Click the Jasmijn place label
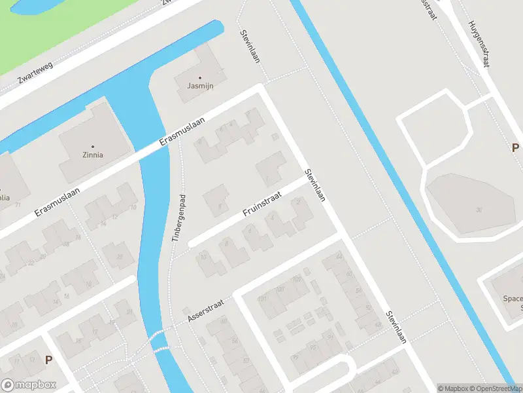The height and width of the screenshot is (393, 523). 200,86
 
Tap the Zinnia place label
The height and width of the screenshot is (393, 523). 93,155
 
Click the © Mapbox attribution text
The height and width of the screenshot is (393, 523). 452,388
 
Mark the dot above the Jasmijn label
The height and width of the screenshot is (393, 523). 200,77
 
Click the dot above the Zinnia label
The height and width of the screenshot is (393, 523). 93,146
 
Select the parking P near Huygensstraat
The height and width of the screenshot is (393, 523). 515,147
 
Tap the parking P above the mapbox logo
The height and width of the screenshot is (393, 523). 48,359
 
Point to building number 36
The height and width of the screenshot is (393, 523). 479,210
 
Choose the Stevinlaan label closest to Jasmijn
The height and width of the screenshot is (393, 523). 250,47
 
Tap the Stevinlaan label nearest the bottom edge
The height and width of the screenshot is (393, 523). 396,327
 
